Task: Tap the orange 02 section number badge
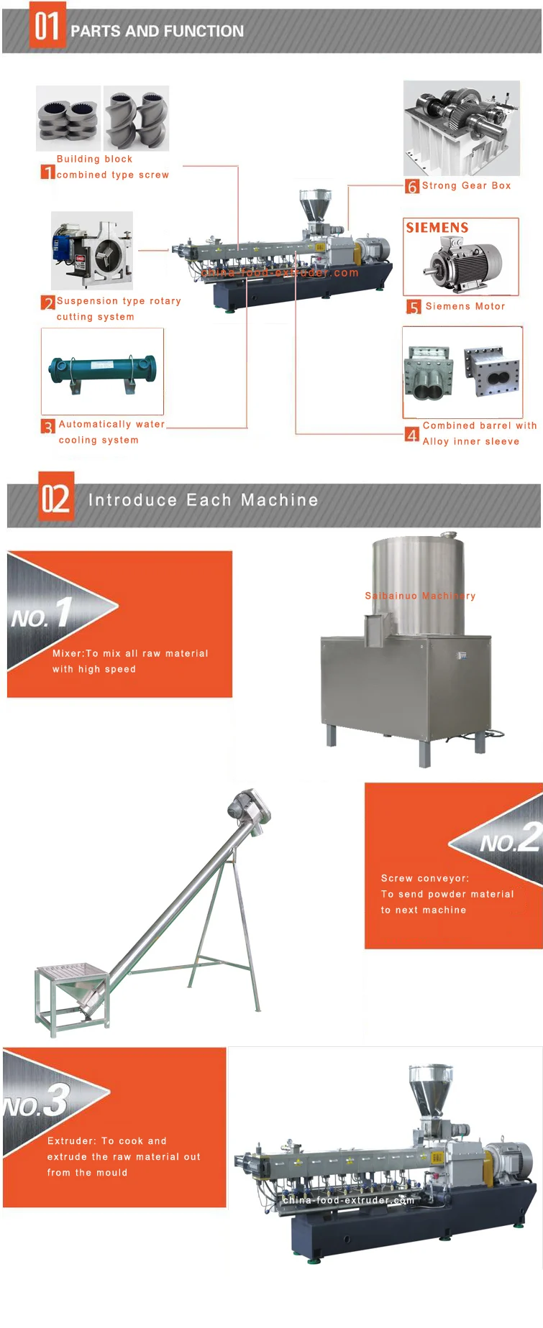tap(56, 497)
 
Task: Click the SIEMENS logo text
tap(437, 228)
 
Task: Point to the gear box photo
tap(462, 128)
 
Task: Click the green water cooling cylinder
tap(102, 370)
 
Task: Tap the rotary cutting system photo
tap(92, 251)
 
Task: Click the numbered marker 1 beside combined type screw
tap(47, 172)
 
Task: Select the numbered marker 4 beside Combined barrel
tap(412, 435)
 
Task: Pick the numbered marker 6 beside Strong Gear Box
tap(412, 186)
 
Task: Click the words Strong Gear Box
tap(466, 185)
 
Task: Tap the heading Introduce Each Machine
tap(203, 500)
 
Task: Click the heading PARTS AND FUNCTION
tap(157, 31)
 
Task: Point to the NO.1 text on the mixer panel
tap(42, 615)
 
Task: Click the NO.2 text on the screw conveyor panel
tap(511, 839)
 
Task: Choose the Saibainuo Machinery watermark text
tap(420, 596)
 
